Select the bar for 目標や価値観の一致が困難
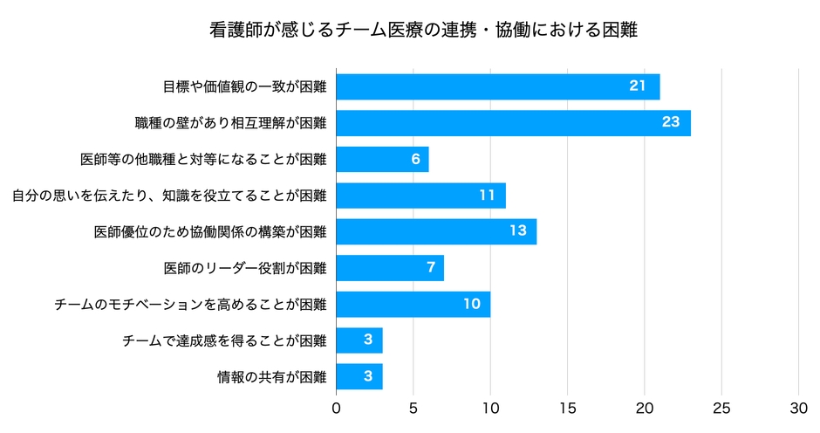tap(497, 86)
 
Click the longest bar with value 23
tap(513, 123)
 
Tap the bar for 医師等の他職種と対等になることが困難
tap(382, 160)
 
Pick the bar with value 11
tap(420, 196)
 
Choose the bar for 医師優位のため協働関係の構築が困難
tap(436, 232)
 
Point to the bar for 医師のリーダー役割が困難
tap(390, 268)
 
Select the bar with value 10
tap(413, 305)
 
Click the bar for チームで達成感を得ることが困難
tap(359, 340)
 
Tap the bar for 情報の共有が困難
tap(359, 377)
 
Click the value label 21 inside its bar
tap(637, 86)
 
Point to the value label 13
tap(518, 231)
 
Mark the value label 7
tap(431, 267)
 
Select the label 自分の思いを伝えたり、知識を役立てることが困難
tap(169, 196)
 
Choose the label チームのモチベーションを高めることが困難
tap(190, 305)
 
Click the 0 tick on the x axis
tap(337, 408)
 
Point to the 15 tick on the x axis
tap(568, 408)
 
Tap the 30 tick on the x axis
tap(799, 408)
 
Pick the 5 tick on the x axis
tap(413, 408)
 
